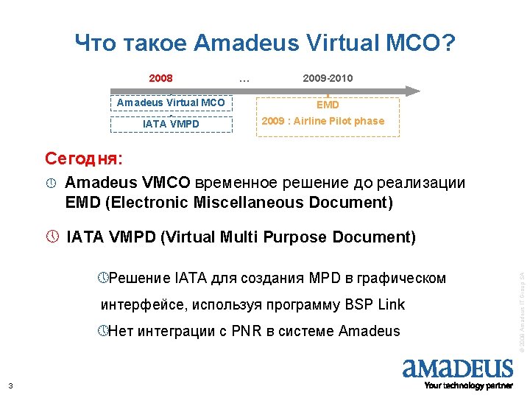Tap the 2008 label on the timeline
tap(160, 77)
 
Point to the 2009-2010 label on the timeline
tap(328, 77)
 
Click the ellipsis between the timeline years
tap(244, 77)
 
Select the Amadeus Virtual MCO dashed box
tap(171, 102)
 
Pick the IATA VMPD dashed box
tap(171, 124)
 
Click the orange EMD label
tap(328, 105)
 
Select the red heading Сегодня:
tap(84, 158)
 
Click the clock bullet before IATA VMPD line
tap(51, 237)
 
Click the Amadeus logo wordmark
tap(457, 368)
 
